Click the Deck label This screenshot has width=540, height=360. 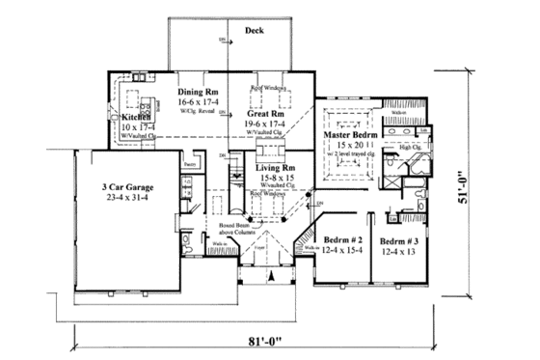(254, 30)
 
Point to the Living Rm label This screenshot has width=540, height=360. (276, 167)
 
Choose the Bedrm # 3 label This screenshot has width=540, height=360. (400, 240)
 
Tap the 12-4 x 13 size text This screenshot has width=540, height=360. (399, 251)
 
